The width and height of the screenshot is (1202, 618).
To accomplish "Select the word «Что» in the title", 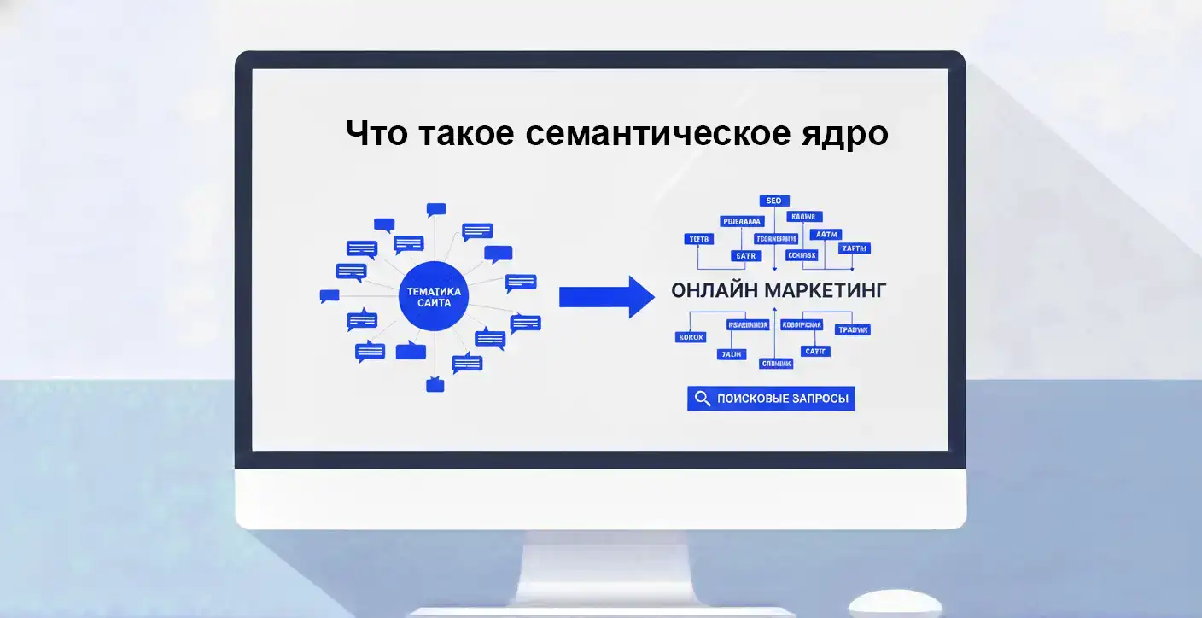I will pyautogui.click(x=376, y=134).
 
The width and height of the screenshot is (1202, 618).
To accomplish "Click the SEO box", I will pyautogui.click(x=773, y=201).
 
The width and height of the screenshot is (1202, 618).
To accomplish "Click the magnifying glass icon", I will pyautogui.click(x=703, y=399).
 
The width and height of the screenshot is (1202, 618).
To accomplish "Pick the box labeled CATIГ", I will pyautogui.click(x=815, y=351).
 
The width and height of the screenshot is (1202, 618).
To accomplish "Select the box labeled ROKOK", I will pyautogui.click(x=690, y=337).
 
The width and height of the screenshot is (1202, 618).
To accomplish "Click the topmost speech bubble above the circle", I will pyautogui.click(x=436, y=209).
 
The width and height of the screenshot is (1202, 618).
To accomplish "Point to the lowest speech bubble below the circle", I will pyautogui.click(x=435, y=385).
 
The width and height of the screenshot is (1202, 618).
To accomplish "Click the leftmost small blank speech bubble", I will pyautogui.click(x=330, y=296).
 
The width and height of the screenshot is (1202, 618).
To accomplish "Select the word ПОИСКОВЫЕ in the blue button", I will pyautogui.click(x=754, y=399).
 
